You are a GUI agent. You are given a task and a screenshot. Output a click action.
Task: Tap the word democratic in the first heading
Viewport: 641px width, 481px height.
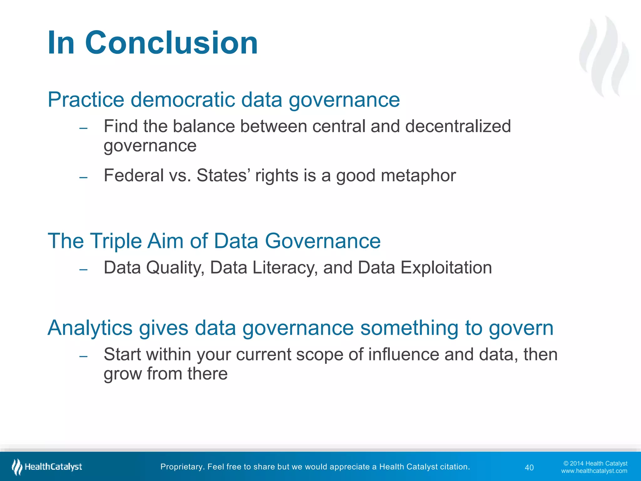pyautogui.click(x=182, y=100)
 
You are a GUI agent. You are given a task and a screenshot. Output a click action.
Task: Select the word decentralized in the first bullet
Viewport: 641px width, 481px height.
pyautogui.click(x=458, y=126)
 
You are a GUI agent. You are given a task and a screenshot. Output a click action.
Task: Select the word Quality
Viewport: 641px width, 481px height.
pyautogui.click(x=175, y=268)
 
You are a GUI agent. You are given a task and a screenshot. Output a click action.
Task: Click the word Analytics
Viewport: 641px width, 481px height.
pyautogui.click(x=90, y=328)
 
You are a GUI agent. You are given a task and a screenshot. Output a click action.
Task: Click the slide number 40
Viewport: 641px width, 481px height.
pyautogui.click(x=529, y=468)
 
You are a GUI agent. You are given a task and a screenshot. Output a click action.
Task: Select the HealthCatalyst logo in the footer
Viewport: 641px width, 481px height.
pyautogui.click(x=47, y=467)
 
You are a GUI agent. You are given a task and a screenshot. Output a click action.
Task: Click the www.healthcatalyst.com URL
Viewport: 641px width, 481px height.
pyautogui.click(x=594, y=471)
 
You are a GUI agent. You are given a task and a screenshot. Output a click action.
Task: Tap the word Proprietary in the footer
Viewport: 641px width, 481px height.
pyautogui.click(x=181, y=467)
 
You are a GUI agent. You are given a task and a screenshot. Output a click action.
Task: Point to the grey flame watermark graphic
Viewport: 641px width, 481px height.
pyautogui.click(x=604, y=56)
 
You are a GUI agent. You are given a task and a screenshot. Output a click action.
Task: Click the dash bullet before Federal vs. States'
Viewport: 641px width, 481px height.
pyautogui.click(x=83, y=178)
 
